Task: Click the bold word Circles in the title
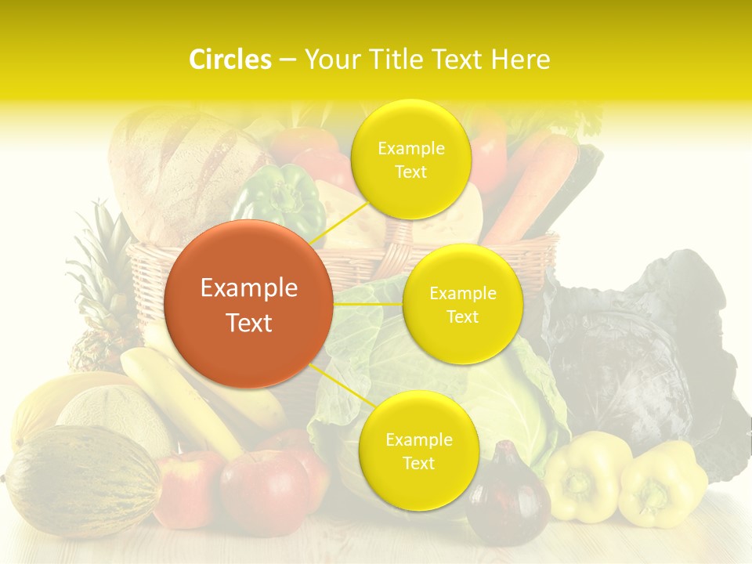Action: (230, 60)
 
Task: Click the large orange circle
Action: (249, 304)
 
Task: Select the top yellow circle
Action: (410, 160)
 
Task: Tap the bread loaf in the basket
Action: (180, 164)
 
